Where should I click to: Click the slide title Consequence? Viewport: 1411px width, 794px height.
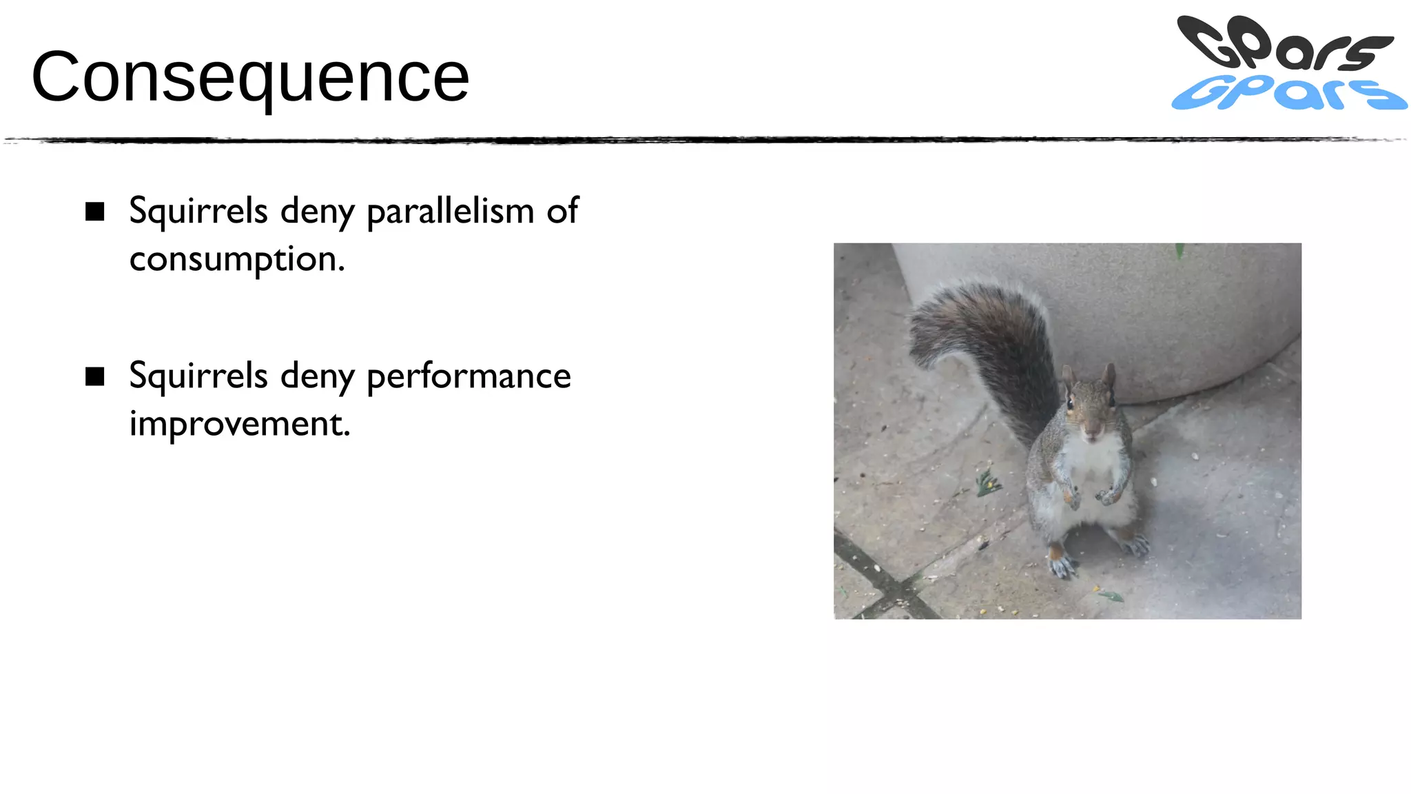[x=250, y=77]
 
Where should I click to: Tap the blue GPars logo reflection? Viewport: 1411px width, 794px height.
[x=1288, y=94]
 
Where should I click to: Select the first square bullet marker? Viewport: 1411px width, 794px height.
[x=95, y=212]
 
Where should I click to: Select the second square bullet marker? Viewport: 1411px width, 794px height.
[x=95, y=376]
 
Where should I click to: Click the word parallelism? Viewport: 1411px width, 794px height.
[x=450, y=211]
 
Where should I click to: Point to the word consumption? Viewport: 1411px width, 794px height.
[x=236, y=260]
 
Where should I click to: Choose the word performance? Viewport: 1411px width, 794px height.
[x=468, y=376]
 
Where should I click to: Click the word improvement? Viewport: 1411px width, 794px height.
[x=239, y=423]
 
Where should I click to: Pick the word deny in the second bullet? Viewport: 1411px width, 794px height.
[x=317, y=376]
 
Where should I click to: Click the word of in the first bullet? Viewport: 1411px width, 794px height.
[x=562, y=211]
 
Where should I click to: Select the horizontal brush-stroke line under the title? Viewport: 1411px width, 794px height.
[x=705, y=140]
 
